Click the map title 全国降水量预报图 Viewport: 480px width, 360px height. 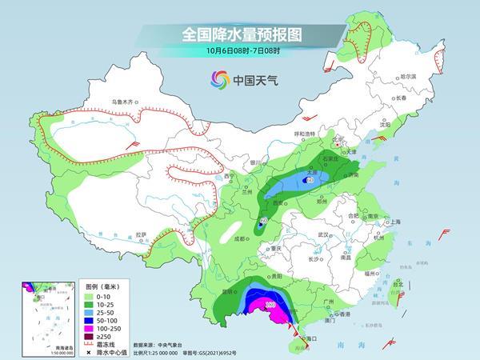pos(240,35)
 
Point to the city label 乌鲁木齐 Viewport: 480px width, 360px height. pos(122,102)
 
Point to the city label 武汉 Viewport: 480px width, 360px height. pos(323,234)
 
